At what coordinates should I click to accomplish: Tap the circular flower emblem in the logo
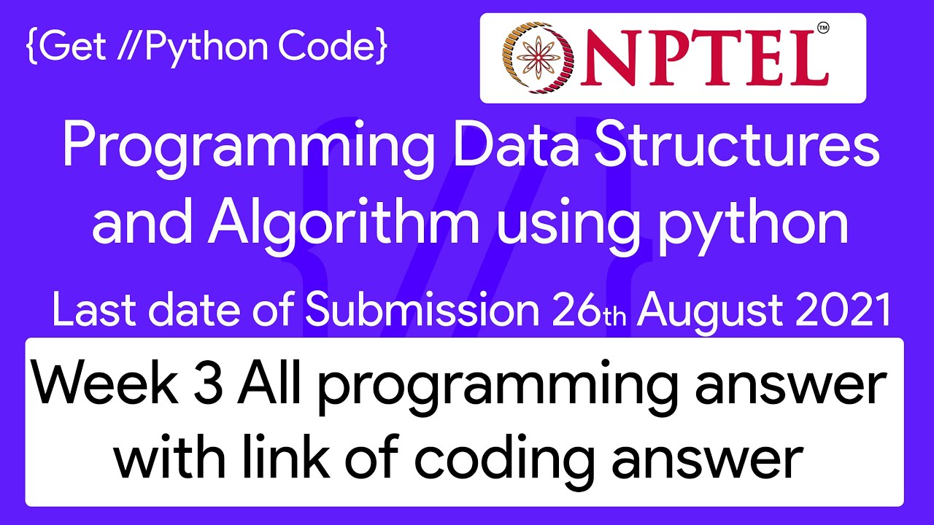tap(539, 57)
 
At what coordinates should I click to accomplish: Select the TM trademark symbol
tap(823, 28)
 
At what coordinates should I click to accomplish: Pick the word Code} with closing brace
tap(333, 46)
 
